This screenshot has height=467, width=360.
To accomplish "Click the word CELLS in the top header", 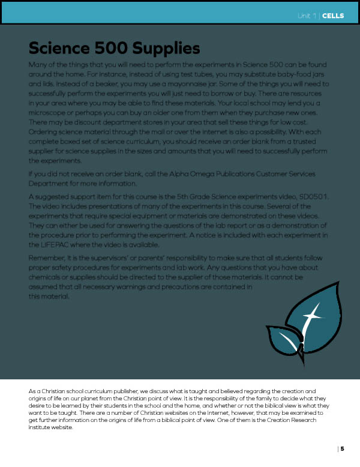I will point(333,16).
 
